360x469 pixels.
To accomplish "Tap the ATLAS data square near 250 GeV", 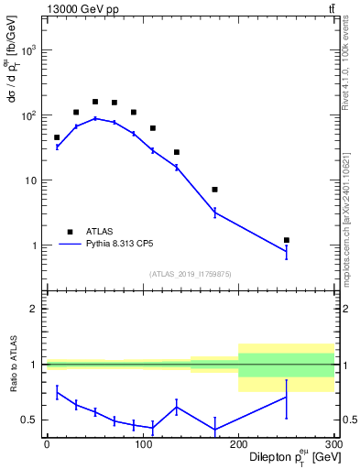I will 287,240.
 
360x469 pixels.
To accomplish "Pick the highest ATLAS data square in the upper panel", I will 95,102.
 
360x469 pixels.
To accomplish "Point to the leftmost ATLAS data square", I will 57,137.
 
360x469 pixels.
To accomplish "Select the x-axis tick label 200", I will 238,443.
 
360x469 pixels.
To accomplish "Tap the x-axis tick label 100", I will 142,443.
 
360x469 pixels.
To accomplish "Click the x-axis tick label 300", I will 333,443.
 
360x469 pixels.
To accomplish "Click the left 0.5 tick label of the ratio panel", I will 29,420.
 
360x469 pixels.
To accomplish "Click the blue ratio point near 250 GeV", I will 287,397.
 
